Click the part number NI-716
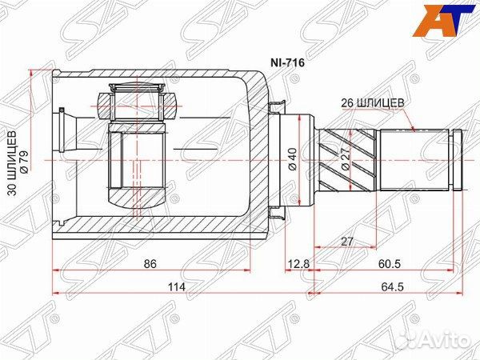pos(287,62)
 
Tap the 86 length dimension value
pos(150,263)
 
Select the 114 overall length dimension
pos(177,287)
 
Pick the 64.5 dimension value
pos(393,287)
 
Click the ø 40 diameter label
pos(293,159)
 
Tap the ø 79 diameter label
pos(24,162)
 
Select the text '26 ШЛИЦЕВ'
pos(373,103)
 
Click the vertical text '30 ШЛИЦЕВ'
pos(12,163)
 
